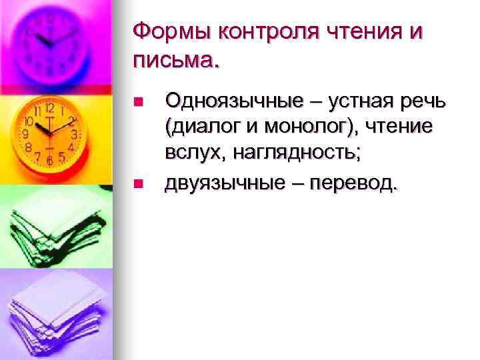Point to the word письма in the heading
pyautogui.click(x=173, y=61)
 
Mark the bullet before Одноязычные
pyautogui.click(x=138, y=102)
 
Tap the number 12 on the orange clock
pyautogui.click(x=49, y=108)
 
